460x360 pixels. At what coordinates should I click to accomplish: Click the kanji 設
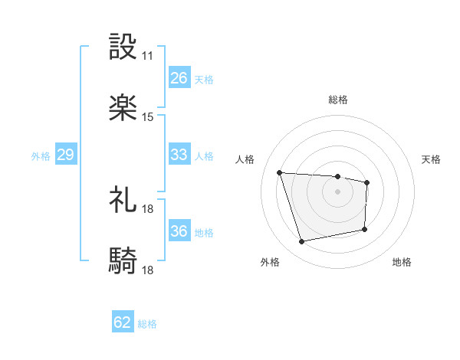click(x=123, y=47)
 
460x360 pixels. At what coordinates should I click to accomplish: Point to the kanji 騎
click(x=123, y=261)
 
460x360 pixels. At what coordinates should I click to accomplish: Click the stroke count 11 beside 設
click(x=148, y=56)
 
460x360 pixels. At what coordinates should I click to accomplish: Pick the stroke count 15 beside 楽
click(x=148, y=117)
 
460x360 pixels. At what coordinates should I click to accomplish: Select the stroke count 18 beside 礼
click(x=148, y=208)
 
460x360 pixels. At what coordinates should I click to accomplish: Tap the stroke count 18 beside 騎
click(x=148, y=270)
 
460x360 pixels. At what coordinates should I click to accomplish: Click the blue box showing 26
click(x=179, y=78)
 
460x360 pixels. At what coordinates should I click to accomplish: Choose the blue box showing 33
click(x=179, y=155)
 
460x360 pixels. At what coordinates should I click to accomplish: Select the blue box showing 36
click(x=179, y=231)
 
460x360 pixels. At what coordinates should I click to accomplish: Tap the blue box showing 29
click(x=65, y=155)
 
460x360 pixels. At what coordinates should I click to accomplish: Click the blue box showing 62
click(x=123, y=323)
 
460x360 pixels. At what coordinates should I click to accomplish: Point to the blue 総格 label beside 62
click(x=147, y=324)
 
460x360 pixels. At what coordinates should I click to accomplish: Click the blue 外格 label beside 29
click(x=41, y=155)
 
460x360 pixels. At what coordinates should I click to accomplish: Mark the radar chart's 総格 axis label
click(x=338, y=100)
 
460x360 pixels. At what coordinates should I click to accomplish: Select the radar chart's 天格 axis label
click(x=431, y=159)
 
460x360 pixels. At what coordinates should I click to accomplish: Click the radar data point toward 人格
click(x=280, y=172)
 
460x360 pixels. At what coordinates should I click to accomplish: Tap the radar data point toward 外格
click(x=302, y=242)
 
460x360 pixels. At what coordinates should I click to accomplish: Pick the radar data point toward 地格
click(x=365, y=229)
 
